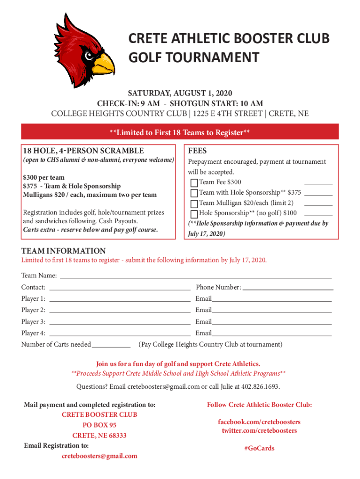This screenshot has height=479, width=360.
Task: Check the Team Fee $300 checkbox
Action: [x=194, y=182]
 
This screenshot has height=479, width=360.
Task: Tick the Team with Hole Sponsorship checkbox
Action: [x=194, y=193]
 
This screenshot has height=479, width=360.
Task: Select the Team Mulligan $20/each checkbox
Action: [x=194, y=203]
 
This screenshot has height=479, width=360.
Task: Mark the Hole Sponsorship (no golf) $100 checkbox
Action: [x=194, y=213]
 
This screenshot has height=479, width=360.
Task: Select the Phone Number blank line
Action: [x=287, y=289]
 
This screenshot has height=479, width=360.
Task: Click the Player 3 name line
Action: [x=120, y=323]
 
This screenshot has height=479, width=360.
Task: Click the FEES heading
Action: [x=197, y=151]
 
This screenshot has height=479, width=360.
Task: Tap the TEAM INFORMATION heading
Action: [x=64, y=251]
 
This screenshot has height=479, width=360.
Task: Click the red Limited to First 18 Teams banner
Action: [x=180, y=133]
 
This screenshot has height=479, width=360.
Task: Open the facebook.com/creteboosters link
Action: [x=259, y=422]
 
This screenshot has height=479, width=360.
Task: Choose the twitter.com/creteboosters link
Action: [x=259, y=430]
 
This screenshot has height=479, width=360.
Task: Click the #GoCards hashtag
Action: [x=259, y=448]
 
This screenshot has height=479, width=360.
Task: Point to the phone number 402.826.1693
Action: [x=263, y=386]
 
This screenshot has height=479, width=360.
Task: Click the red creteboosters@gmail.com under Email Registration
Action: [x=100, y=456]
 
